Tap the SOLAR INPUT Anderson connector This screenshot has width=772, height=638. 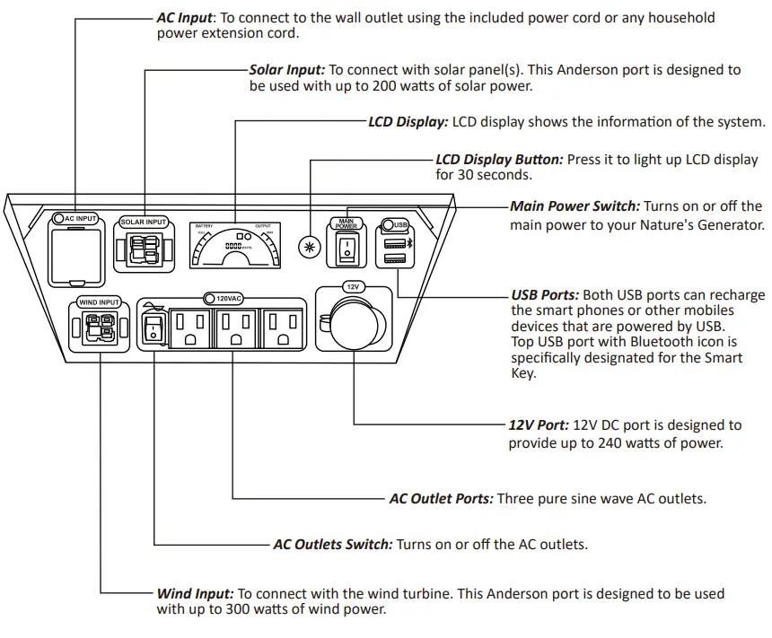coord(145,249)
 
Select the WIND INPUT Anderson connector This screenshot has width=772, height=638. coord(100,329)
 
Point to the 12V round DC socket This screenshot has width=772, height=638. coord(353,323)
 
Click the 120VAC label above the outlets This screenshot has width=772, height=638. coord(224,297)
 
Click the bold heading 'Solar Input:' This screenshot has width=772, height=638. coord(286,69)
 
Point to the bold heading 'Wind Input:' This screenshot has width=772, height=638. coord(195,593)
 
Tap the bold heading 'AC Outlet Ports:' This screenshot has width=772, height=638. coord(440,498)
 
